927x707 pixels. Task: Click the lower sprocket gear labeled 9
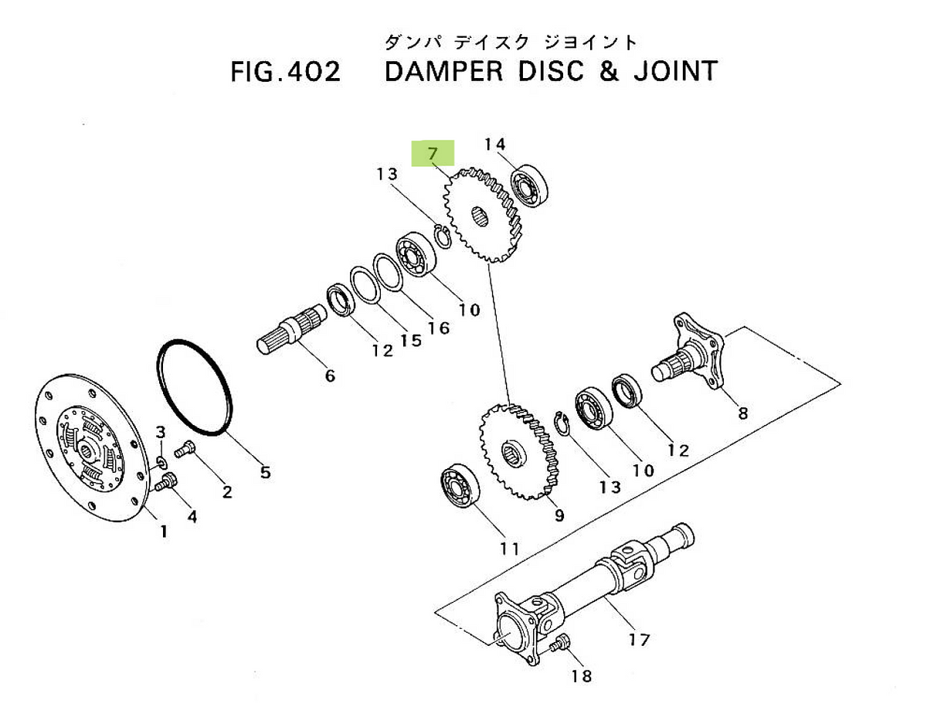(520, 451)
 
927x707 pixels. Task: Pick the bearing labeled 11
(460, 488)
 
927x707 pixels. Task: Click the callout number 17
(639, 639)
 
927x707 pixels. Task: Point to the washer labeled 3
(162, 462)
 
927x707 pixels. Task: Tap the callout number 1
(163, 532)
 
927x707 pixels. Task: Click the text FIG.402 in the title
(285, 72)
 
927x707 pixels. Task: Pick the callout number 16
(437, 328)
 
